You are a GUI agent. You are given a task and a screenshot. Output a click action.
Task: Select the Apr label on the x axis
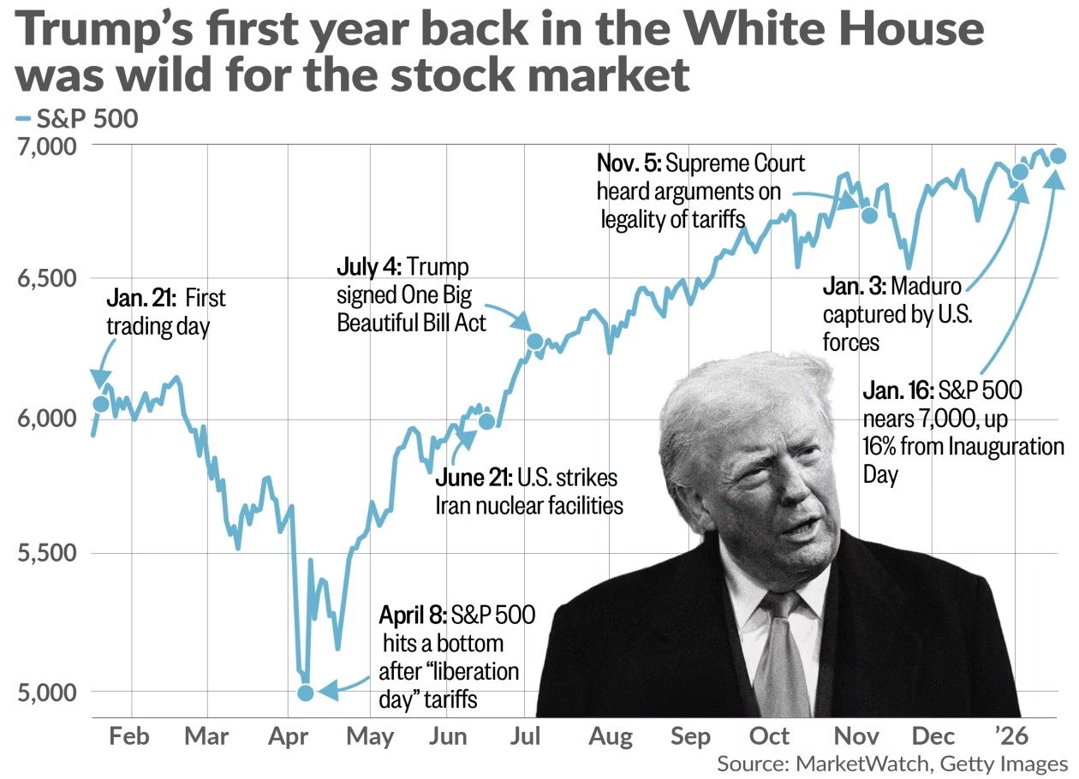point(291,736)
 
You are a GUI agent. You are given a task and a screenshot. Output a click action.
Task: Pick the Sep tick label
point(691,736)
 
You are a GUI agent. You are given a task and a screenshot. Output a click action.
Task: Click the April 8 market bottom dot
point(306,693)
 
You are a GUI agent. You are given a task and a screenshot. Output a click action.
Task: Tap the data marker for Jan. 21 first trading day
point(101,403)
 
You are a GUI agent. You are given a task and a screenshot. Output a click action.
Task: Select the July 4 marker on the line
point(535,342)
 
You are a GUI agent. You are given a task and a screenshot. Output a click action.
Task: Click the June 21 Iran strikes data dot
point(486,421)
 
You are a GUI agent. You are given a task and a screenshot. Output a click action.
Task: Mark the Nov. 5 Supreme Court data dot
point(869,215)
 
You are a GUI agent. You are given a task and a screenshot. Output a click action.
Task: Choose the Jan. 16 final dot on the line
point(1058,156)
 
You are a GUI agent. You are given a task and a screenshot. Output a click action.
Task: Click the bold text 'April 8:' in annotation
point(413,615)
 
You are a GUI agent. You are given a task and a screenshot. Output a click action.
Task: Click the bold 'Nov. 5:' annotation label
point(629,164)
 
